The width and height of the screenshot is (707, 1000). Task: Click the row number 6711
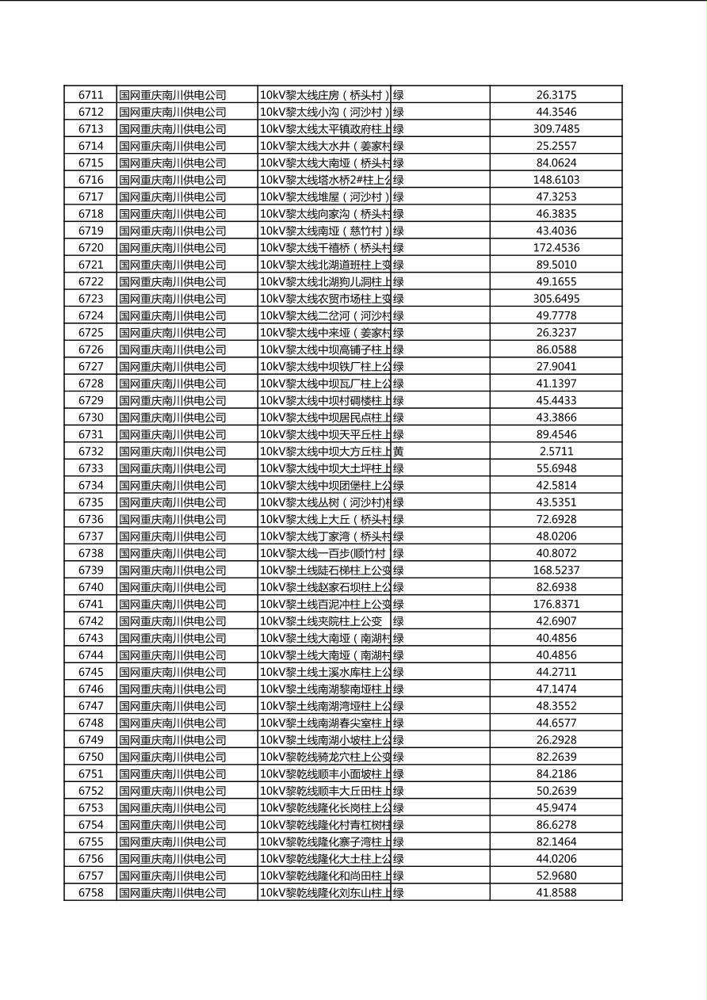pos(90,95)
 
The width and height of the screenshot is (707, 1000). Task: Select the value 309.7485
pos(556,129)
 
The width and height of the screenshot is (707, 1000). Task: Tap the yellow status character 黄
pos(399,452)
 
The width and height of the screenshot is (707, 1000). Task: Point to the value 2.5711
pos(556,452)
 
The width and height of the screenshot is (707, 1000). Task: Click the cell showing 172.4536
pos(556,248)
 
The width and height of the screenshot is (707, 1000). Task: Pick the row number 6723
pos(90,299)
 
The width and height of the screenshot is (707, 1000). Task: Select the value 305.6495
pos(556,299)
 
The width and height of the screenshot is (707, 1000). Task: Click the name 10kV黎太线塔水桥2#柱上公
pos(325,180)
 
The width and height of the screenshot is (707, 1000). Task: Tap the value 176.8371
pos(556,604)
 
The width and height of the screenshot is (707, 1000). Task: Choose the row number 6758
pos(90,892)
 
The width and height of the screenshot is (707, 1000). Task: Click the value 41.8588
pos(556,892)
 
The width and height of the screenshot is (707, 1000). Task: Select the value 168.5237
pos(556,571)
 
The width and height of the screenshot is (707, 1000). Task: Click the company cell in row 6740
pos(173,587)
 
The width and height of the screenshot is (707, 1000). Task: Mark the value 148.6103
pos(556,180)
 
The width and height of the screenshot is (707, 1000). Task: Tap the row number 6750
pos(90,757)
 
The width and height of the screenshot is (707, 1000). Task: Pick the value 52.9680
pos(556,876)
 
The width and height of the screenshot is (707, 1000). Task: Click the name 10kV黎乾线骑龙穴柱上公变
pos(325,757)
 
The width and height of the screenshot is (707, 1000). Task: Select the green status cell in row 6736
pos(399,520)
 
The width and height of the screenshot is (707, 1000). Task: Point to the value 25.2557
pos(556,146)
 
